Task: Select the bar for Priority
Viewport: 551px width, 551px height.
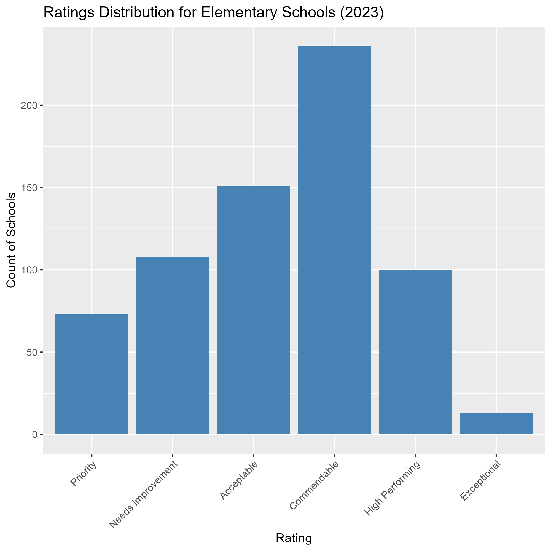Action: pos(92,374)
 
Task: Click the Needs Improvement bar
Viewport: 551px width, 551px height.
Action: pos(173,345)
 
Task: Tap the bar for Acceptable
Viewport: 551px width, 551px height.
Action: pos(254,310)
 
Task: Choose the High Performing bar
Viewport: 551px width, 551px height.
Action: pos(415,352)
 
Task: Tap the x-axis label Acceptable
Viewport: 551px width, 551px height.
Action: pos(239,480)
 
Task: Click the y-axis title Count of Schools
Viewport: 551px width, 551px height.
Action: pos(11,240)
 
